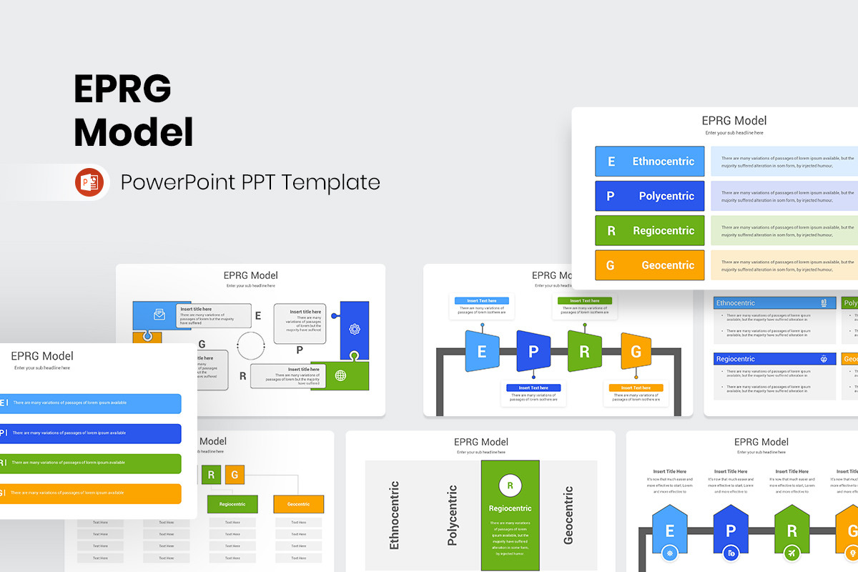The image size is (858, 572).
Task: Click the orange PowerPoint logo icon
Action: (x=89, y=182)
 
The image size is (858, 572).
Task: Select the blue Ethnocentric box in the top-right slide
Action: (x=649, y=162)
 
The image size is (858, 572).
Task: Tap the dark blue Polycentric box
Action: (x=649, y=196)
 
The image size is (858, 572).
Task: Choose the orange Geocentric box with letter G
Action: (x=649, y=265)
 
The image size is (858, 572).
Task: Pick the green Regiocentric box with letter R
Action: (x=649, y=231)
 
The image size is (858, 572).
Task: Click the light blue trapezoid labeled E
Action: (x=483, y=351)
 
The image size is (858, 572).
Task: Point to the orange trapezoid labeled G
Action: (x=636, y=351)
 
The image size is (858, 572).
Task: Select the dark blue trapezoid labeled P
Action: (x=533, y=351)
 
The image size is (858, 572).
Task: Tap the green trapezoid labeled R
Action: (x=585, y=350)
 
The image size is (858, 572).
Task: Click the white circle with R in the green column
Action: (x=510, y=485)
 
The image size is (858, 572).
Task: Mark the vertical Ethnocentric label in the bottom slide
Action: (x=394, y=516)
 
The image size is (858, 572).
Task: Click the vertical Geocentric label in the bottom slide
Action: (x=569, y=516)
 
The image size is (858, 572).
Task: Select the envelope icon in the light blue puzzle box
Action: (x=158, y=315)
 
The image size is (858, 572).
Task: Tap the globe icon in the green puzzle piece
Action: (x=340, y=375)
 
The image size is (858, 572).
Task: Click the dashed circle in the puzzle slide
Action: (x=251, y=346)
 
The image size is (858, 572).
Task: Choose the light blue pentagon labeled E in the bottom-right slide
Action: (x=670, y=531)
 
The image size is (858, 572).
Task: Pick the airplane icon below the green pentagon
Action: (x=792, y=553)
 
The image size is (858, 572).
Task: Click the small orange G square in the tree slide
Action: (x=235, y=473)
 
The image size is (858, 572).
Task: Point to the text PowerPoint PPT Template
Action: (x=250, y=182)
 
